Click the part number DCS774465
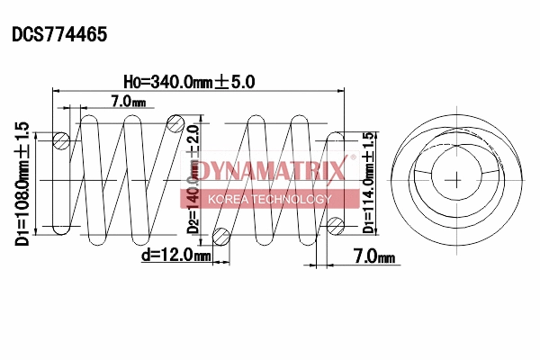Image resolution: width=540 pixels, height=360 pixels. click(x=59, y=35)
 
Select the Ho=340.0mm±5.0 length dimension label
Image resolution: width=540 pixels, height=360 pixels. click(x=189, y=81)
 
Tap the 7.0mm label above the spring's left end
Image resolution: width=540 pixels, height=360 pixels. click(x=127, y=102)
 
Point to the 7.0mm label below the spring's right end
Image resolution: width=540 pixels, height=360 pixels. click(x=373, y=257)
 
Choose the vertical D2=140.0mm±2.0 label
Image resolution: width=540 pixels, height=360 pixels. click(x=193, y=179)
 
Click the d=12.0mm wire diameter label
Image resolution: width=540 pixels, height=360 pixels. click(x=175, y=256)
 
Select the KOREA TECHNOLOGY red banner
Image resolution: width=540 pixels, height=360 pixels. click(x=270, y=199)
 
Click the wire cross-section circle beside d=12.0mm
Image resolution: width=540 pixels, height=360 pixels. click(x=220, y=236)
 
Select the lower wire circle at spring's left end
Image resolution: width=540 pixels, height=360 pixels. click(x=61, y=225)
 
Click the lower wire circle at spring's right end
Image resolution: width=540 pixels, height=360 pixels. click(x=337, y=224)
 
